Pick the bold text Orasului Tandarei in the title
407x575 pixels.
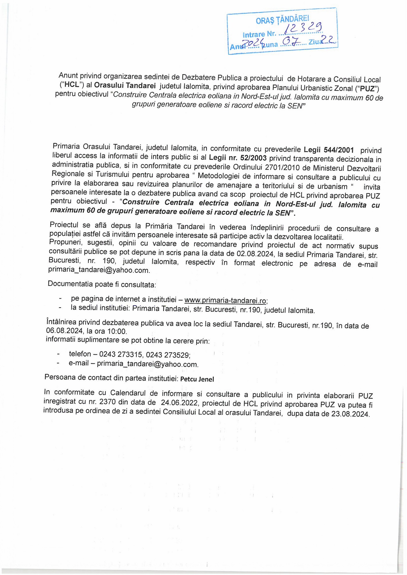(x=125, y=85)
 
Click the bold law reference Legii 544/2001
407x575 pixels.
(x=329, y=150)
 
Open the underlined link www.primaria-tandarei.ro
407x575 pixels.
(x=225, y=300)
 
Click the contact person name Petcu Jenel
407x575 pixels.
(x=197, y=379)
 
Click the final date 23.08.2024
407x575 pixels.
(x=350, y=414)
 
